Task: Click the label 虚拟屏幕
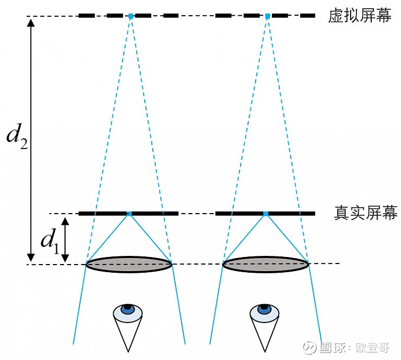pos(360,15)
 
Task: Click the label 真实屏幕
pos(366,213)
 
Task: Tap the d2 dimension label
pos(17,137)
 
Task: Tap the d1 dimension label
pos(50,241)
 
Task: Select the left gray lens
pos(129,264)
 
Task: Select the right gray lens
pos(266,264)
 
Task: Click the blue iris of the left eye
pos(127,309)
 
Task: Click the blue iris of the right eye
pos(264,309)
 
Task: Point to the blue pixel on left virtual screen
pos(131,16)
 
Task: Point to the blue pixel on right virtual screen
pos(268,16)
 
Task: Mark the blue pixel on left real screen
pos(130,214)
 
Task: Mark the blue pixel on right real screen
pos(266,214)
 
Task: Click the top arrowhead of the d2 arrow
pos(31,20)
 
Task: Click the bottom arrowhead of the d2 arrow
pos(31,261)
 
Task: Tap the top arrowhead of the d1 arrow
pos(65,218)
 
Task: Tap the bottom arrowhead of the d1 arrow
pos(65,261)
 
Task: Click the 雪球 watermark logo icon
pos(309,348)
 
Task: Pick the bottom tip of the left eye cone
pos(128,352)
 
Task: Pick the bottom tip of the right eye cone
pos(265,352)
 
